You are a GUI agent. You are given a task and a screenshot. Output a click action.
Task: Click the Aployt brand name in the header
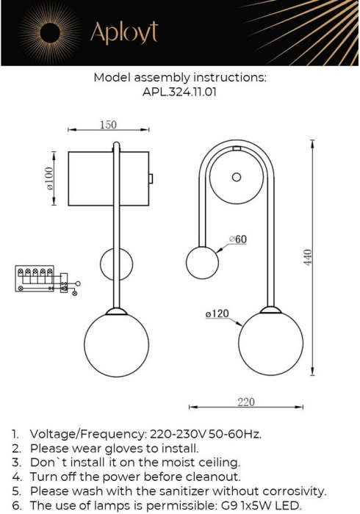tap(123, 33)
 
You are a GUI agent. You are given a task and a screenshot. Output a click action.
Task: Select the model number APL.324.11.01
tap(179, 93)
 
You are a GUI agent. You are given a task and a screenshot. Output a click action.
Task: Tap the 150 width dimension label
tap(107, 125)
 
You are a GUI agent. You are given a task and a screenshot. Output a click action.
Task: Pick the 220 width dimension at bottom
tap(246, 401)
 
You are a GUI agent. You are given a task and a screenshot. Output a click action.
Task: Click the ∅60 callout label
tap(237, 239)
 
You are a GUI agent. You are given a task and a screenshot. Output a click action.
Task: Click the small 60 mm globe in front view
tap(201, 261)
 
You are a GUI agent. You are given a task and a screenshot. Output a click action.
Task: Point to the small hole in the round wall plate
tap(236, 177)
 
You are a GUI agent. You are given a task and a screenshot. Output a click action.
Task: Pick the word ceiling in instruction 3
tap(218, 462)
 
